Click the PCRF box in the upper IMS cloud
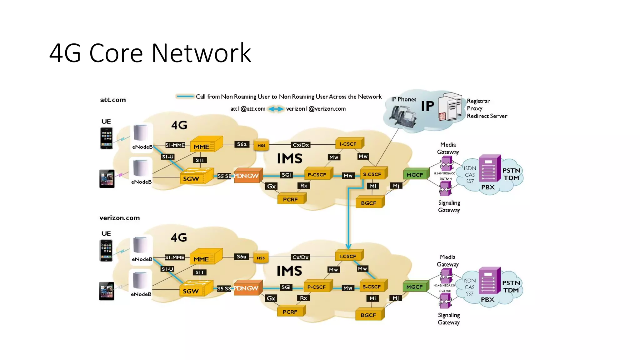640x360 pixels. point(291,199)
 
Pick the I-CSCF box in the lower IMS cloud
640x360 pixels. point(348,256)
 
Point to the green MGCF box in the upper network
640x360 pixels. point(415,175)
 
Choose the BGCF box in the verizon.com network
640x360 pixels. point(369,315)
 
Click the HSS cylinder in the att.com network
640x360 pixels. point(261,145)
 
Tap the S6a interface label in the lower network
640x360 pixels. point(242,257)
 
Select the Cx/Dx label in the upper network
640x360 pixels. point(301,145)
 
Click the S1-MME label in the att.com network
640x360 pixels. point(175,145)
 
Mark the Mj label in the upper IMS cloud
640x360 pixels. point(396,186)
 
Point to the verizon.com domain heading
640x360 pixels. point(119,218)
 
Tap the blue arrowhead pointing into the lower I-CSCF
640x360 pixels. point(348,247)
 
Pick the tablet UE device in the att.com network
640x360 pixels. point(107,179)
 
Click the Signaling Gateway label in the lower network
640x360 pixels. point(449,319)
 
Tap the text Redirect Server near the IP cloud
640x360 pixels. point(487,116)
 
